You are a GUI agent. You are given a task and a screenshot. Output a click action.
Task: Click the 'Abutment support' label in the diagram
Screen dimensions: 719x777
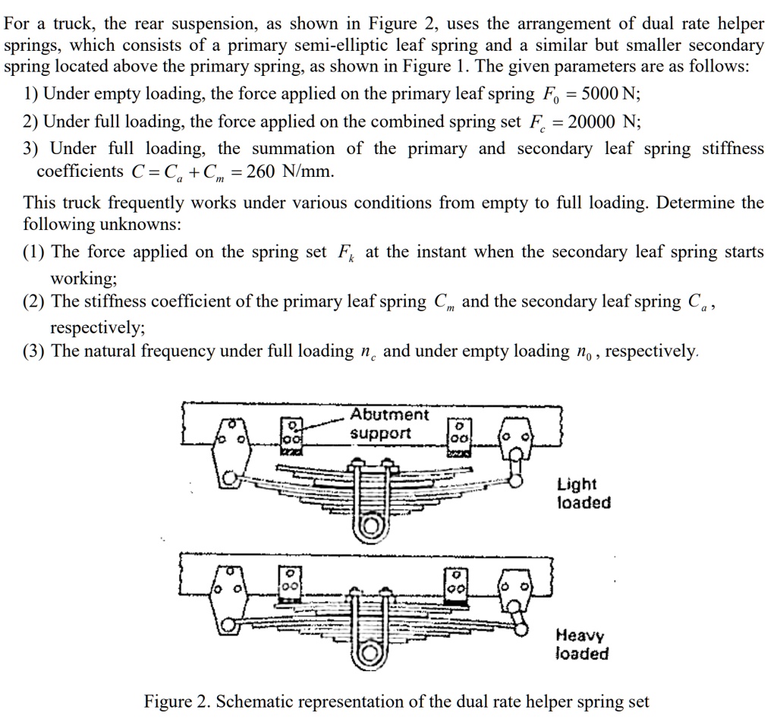pos(388,424)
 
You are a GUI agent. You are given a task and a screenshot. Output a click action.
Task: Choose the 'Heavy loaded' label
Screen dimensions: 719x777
pos(581,645)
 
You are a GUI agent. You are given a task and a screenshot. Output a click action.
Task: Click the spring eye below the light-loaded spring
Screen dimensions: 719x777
pos(372,526)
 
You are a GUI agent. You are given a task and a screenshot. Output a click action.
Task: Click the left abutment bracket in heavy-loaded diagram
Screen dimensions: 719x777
pos(291,585)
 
